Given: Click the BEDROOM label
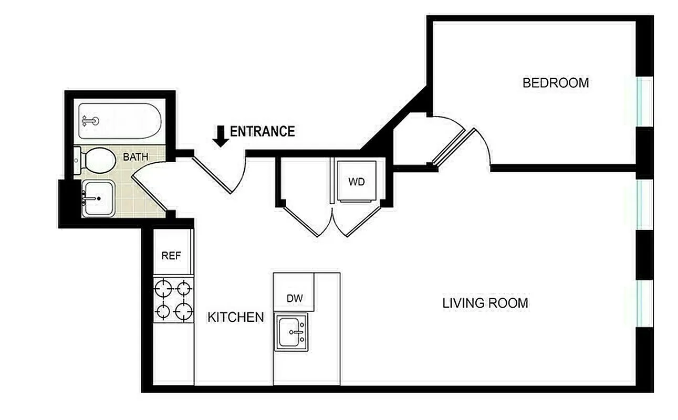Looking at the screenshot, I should coord(556,83).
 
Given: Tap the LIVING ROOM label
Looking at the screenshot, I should coord(485,303).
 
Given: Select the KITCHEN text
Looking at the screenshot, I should coord(236,317).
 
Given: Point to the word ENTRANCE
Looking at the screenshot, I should coord(262,131).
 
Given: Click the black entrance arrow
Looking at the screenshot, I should coord(221,136).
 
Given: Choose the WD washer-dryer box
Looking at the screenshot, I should coord(357,182).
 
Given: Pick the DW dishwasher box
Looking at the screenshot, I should coord(295,298).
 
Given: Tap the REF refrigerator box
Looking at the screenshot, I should coord(171,256).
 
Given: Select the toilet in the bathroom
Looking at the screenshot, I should coord(99,160).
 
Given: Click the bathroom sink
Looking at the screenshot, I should coord(98,198).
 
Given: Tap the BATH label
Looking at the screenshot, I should coord(135,156).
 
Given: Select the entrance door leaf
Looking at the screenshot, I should coord(212,173).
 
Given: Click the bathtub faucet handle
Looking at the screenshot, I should coord(91,121).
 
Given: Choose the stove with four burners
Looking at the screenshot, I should coord(173,300).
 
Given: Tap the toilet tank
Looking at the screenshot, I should coord(77,161).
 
